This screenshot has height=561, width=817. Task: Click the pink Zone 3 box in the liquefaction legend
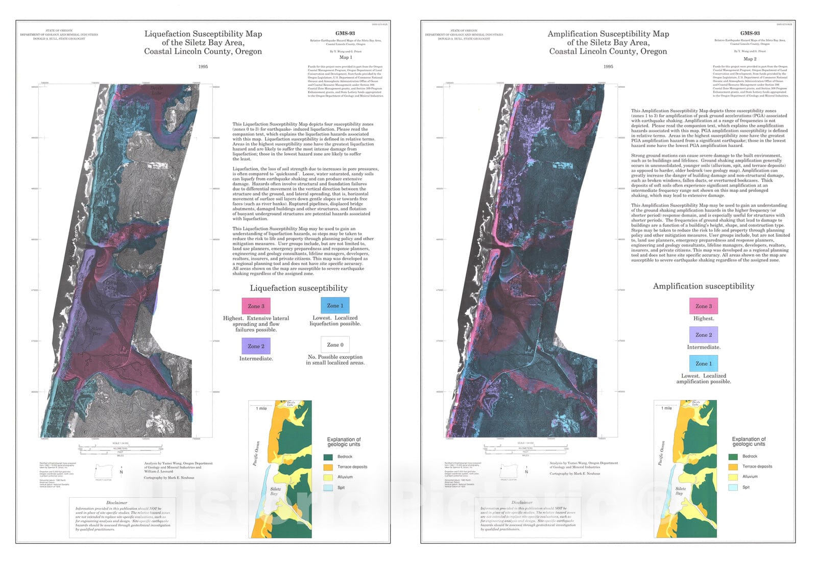[x=256, y=306]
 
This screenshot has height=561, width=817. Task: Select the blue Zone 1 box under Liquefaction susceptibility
[x=335, y=305]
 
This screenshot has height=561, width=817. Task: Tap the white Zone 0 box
[x=335, y=345]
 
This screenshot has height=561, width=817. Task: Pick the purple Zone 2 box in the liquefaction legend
[x=256, y=346]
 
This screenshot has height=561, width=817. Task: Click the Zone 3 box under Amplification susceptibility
[x=704, y=306]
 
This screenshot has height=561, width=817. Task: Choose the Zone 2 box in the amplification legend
[x=704, y=335]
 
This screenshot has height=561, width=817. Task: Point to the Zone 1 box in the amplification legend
[x=704, y=363]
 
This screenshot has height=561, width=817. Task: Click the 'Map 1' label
[x=346, y=58]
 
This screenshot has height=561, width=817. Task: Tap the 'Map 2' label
[x=750, y=59]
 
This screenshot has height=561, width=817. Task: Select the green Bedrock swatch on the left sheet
[x=328, y=457]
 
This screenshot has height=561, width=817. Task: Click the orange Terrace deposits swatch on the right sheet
[x=733, y=467]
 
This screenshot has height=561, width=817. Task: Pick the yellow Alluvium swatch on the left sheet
[x=328, y=477]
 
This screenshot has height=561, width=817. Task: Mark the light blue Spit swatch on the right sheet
[x=733, y=487]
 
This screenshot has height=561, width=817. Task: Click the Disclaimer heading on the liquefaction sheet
[x=116, y=503]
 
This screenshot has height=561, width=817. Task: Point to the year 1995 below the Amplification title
[x=608, y=66]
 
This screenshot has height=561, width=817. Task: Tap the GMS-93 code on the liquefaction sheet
[x=345, y=33]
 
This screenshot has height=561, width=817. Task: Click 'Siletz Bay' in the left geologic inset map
[x=275, y=491]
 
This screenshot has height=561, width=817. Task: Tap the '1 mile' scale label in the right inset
[x=666, y=408]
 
